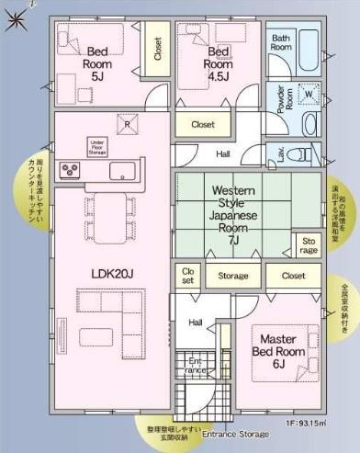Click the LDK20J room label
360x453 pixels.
[x=112, y=272]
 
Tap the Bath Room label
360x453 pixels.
[x=282, y=42]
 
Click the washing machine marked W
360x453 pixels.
[x=309, y=95]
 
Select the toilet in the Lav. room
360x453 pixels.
[x=300, y=153]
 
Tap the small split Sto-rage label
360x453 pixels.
[x=309, y=245]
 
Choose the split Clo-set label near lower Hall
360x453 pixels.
[x=187, y=276]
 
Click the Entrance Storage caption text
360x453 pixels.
[x=236, y=433]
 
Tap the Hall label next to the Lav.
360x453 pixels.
[x=223, y=153]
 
